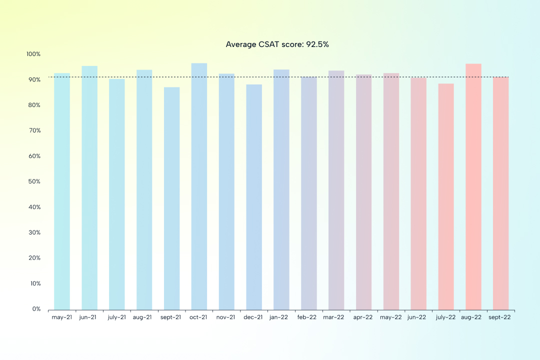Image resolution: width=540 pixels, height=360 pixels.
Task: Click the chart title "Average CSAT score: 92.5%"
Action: coord(277,44)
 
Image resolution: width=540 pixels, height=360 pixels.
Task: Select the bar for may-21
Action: coord(62,191)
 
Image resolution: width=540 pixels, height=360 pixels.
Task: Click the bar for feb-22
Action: coord(309,193)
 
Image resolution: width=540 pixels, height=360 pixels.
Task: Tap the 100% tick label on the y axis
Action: coord(33,54)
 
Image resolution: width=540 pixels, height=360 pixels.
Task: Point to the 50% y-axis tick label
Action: coord(34,181)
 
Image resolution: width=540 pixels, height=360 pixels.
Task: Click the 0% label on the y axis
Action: coord(36,309)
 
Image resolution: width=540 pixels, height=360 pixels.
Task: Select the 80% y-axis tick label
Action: coord(34,105)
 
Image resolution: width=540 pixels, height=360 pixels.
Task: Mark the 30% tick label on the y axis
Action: coord(34,232)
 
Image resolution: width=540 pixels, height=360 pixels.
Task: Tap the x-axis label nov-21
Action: coord(226,317)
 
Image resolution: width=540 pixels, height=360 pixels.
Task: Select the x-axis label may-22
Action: coord(391,317)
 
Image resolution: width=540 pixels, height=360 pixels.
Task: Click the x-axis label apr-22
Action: coord(363,317)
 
